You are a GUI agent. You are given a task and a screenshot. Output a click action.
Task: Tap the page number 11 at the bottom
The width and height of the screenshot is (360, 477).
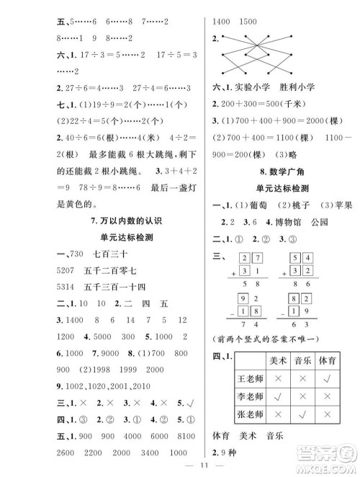[179, 463]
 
